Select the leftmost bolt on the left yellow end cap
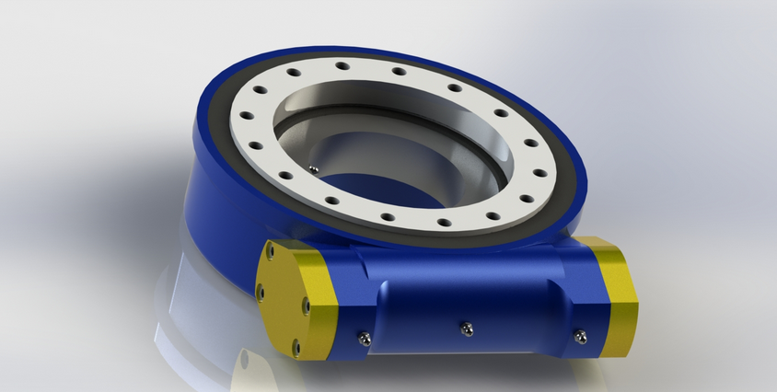pos(260,293)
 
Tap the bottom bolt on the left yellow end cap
pos(296,347)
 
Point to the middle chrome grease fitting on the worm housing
pos(467,327)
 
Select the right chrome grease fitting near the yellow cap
pos(580,337)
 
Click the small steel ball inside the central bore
pos(314,168)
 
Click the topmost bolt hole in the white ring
pos(342,65)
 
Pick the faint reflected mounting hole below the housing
pos(245,360)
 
